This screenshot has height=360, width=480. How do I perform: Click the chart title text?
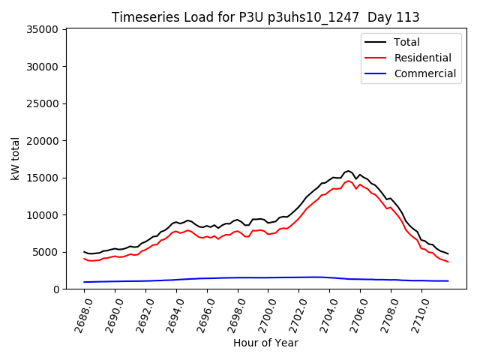click(265, 17)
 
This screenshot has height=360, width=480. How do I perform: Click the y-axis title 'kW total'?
click(16, 159)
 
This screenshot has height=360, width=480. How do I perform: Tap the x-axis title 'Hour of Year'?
click(265, 343)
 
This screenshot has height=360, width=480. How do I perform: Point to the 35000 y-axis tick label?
click(43, 30)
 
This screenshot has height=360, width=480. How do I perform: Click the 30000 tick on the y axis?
click(43, 67)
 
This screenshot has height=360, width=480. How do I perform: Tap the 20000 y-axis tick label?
click(43, 141)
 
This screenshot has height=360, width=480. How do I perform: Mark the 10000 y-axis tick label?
click(43, 215)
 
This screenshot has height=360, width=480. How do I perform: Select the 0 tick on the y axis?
click(55, 289)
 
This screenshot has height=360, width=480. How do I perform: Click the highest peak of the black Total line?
click(348, 171)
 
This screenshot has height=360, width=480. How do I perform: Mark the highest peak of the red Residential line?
click(348, 180)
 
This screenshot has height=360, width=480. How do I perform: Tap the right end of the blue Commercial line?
click(448, 280)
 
